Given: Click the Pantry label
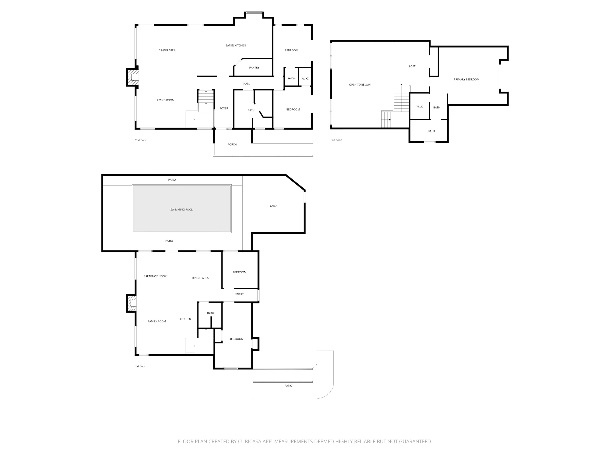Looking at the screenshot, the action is [254, 67].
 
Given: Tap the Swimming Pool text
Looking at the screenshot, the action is [181, 210].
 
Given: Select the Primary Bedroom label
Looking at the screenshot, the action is [466, 79].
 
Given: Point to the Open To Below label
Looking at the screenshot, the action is [360, 84].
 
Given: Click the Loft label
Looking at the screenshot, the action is [412, 66].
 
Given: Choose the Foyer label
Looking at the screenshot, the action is [224, 108].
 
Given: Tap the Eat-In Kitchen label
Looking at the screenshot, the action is [235, 45].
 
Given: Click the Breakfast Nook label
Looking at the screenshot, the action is [155, 276].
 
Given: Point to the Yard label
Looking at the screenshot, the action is [273, 206].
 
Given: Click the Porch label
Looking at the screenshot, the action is [232, 145].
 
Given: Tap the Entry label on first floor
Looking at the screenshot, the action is [239, 294].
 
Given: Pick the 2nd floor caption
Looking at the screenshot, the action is [141, 140].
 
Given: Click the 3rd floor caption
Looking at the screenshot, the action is [336, 140].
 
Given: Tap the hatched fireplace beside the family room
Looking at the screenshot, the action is [132, 303].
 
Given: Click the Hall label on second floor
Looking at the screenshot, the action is [246, 83].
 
